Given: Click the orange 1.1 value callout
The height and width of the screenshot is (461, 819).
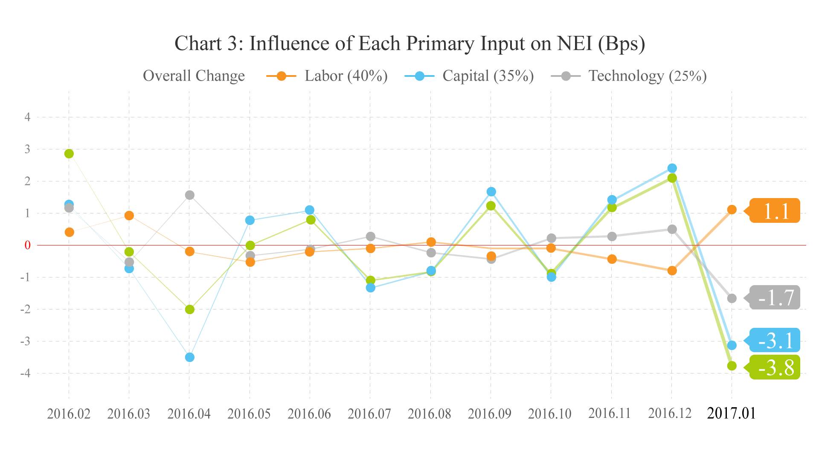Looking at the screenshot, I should tap(775, 211).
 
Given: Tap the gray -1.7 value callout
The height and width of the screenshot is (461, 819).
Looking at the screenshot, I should tap(775, 298).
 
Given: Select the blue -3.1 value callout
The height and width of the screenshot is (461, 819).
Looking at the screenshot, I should tap(775, 340).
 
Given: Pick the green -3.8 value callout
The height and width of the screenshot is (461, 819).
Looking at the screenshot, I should tap(775, 367).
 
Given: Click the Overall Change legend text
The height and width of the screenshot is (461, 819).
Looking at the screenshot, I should tap(194, 76).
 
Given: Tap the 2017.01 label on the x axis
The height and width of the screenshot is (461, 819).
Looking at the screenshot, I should tap(731, 413).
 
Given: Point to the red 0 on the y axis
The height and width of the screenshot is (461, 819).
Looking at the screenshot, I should tap(28, 245).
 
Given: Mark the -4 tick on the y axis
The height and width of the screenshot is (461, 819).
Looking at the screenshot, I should tap(26, 373).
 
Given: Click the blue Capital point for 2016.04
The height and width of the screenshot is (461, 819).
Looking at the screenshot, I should tap(190, 357).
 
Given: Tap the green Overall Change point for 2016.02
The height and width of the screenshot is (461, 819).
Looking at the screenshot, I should tap(69, 154).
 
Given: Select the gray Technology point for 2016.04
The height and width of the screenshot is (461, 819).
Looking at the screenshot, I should tap(190, 195).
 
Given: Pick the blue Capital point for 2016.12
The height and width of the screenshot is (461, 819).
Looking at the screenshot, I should tap(672, 168).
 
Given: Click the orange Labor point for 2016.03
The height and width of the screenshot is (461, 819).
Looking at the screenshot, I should tap(129, 216).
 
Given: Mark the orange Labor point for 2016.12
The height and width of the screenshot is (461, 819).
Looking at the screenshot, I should tap(672, 271).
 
